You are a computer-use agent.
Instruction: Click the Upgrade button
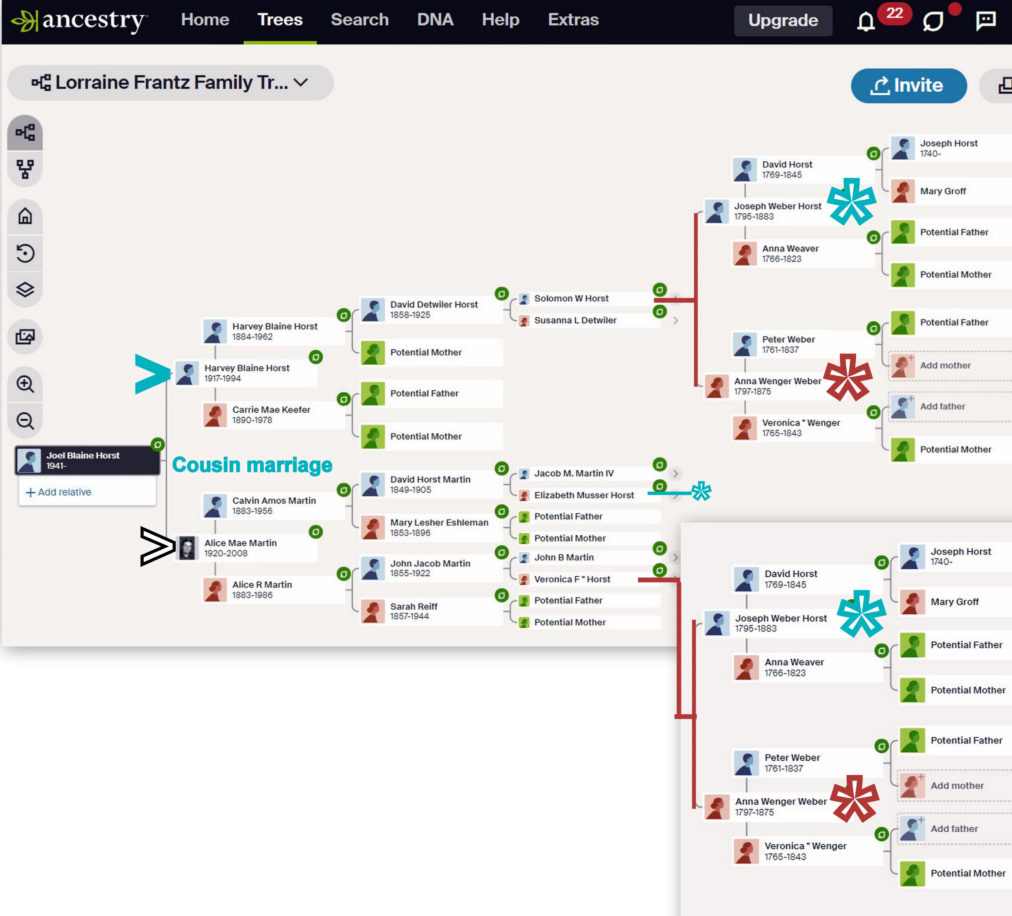783,20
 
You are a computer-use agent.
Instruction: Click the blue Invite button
909,85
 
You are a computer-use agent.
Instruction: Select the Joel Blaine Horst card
87,460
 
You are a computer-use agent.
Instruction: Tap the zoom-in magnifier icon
25,384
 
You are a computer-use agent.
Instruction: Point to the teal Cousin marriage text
252,465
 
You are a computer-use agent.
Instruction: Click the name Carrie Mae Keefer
271,410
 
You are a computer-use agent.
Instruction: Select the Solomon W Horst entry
571,299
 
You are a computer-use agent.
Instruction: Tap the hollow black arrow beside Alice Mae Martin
157,546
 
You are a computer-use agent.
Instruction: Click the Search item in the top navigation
359,19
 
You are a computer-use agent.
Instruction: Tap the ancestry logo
80,20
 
